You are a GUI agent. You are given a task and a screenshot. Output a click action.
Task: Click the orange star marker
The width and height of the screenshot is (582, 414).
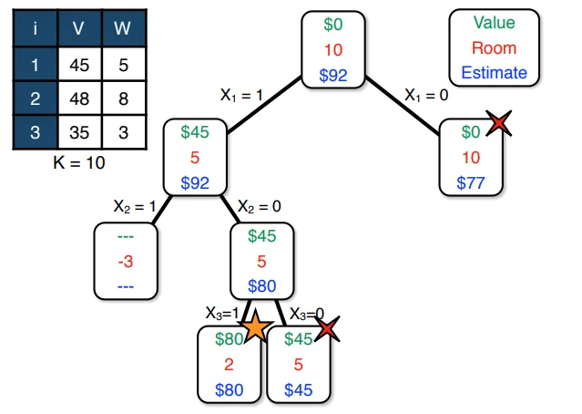tap(256, 326)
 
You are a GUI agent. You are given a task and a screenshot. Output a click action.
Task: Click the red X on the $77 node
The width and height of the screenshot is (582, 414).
tap(497, 123)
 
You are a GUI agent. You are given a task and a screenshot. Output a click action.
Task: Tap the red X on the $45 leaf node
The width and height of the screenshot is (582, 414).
tap(328, 329)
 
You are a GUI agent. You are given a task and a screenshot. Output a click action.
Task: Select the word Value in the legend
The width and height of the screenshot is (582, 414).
tap(494, 24)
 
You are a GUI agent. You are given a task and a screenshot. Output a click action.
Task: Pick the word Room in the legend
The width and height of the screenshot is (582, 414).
tap(494, 48)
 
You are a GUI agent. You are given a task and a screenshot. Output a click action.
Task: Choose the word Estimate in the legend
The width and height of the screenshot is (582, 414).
tap(494, 73)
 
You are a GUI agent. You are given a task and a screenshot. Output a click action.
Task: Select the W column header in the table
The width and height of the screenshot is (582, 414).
tap(122, 30)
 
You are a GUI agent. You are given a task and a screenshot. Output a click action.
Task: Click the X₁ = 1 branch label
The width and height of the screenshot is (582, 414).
tap(243, 94)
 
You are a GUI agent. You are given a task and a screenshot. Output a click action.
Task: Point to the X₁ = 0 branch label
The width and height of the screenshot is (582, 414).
tap(427, 93)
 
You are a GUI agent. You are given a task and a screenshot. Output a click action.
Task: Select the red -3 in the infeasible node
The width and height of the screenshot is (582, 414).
tap(127, 262)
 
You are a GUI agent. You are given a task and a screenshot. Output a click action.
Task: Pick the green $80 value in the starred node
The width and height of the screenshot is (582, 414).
tap(230, 339)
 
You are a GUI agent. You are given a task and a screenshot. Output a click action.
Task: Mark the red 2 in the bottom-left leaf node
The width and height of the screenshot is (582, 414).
tap(230, 365)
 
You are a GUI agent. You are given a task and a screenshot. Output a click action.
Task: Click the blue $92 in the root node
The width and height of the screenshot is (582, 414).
tap(333, 74)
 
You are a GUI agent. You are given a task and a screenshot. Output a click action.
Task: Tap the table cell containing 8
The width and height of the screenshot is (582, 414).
tap(122, 99)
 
